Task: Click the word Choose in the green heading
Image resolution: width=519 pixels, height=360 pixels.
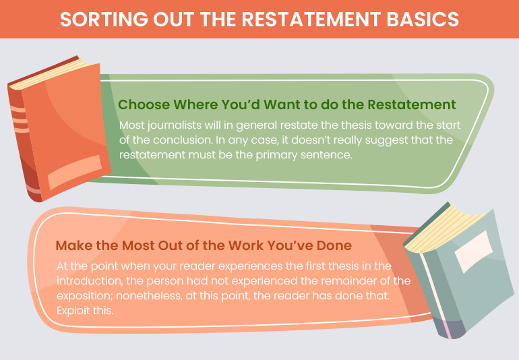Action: click(x=144, y=104)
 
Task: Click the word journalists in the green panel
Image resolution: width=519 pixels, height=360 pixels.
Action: click(x=175, y=125)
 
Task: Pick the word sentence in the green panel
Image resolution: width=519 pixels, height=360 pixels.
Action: click(x=326, y=155)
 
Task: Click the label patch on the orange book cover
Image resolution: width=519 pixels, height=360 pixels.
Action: click(x=75, y=171)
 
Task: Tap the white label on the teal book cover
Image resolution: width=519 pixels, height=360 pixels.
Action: click(x=473, y=251)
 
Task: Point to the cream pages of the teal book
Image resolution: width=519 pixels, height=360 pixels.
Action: click(x=444, y=229)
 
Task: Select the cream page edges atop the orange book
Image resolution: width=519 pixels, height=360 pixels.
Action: click(x=51, y=73)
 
